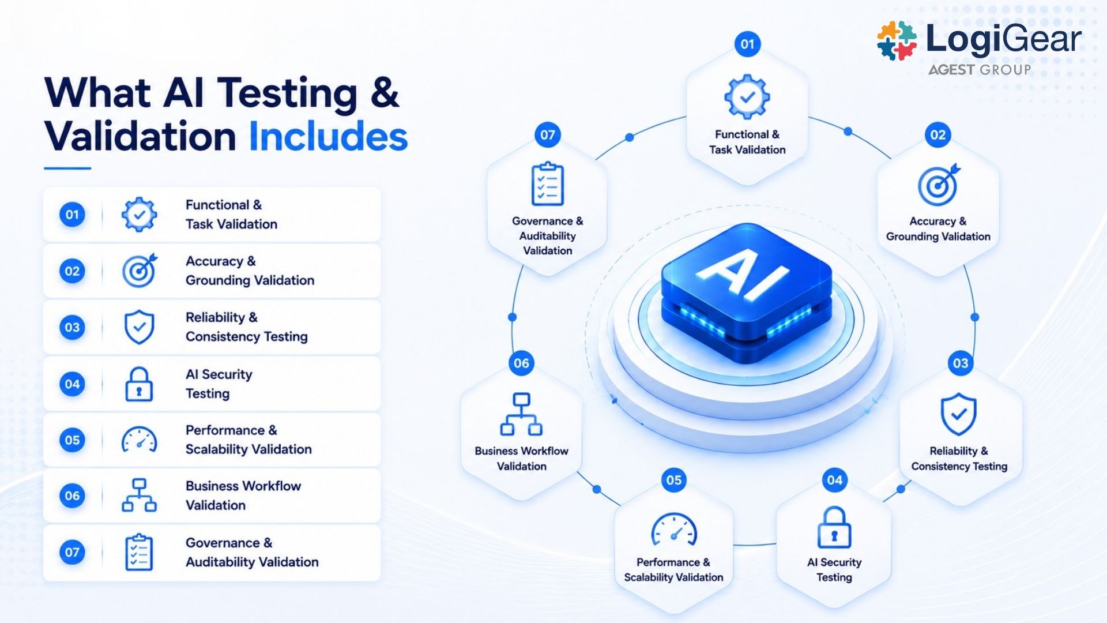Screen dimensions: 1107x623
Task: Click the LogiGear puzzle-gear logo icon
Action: tap(897, 41)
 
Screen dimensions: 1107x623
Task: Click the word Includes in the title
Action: tap(328, 137)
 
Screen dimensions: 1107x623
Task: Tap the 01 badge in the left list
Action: tap(72, 215)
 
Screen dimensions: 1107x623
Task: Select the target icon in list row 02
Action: tap(140, 271)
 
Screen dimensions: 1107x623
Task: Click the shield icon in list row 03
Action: tap(140, 327)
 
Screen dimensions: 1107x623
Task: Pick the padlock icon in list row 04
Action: tap(139, 384)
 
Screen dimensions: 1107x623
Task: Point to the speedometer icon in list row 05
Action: tap(139, 440)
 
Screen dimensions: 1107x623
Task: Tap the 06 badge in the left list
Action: tap(72, 496)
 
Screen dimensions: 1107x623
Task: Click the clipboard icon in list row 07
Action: tap(139, 553)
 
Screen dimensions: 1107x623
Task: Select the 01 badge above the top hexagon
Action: tap(747, 44)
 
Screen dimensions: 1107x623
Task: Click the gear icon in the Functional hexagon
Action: tap(747, 97)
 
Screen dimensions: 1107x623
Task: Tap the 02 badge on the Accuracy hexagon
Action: tap(938, 135)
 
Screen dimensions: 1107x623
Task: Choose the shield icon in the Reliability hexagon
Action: tap(958, 414)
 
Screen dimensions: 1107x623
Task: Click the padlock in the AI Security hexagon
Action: tap(834, 527)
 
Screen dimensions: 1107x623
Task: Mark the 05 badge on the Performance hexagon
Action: tap(674, 480)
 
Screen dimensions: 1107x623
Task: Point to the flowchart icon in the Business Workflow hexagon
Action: tap(521, 414)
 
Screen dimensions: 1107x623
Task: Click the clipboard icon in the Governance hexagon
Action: tap(547, 183)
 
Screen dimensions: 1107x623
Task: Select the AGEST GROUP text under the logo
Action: tap(979, 70)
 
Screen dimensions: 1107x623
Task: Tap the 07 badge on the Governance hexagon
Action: tap(548, 135)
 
